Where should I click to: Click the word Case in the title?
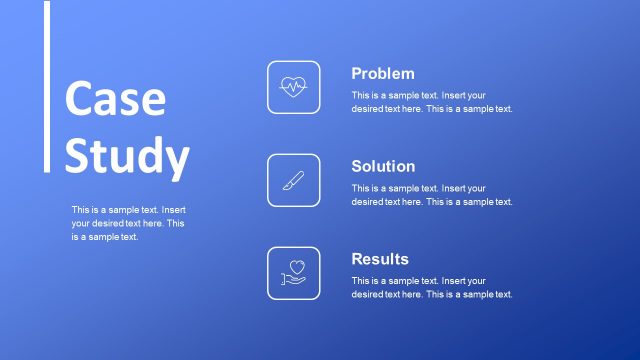click(114, 99)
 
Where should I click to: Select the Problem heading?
click(382, 73)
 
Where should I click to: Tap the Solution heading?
click(383, 166)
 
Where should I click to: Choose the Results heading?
click(380, 259)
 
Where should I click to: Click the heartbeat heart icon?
click(294, 87)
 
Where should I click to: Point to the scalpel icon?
click(294, 180)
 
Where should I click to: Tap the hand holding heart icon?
click(294, 273)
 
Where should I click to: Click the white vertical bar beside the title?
click(47, 86)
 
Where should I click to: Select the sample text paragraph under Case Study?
click(128, 223)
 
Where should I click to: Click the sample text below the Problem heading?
click(432, 102)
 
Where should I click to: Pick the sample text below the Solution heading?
click(432, 195)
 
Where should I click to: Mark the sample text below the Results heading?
click(432, 288)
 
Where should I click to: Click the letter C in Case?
click(79, 99)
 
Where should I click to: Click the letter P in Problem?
click(357, 73)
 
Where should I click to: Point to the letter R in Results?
click(357, 259)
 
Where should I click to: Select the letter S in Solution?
click(357, 166)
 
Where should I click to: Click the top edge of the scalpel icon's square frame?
click(294, 154)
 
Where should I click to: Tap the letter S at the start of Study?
click(79, 155)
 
